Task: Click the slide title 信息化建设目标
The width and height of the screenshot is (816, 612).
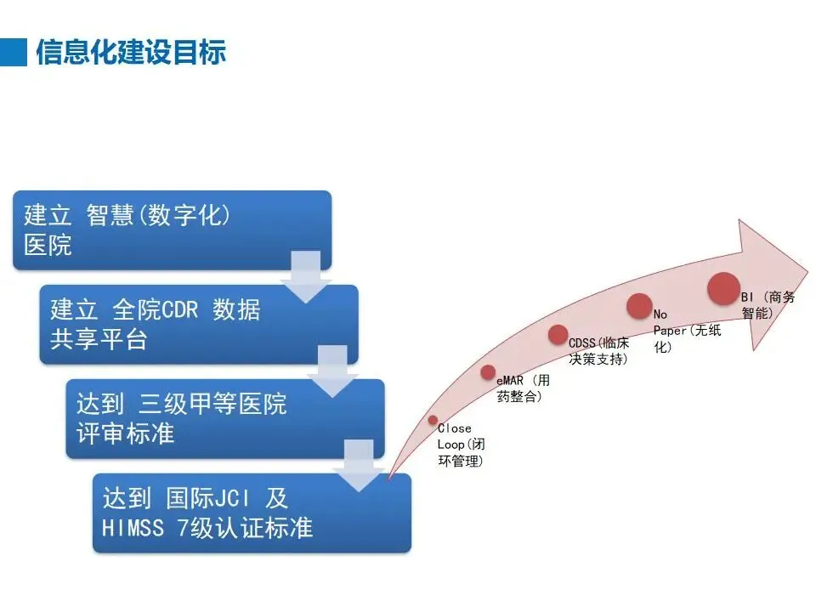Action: [x=131, y=52]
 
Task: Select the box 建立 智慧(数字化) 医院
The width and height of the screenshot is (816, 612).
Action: [x=172, y=229]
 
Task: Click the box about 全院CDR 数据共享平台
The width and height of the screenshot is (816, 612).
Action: [x=198, y=324]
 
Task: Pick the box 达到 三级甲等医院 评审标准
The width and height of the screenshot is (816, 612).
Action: [x=224, y=418]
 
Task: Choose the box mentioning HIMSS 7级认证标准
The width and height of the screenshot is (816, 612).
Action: [x=252, y=513]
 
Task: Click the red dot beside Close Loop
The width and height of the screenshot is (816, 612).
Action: [x=433, y=420]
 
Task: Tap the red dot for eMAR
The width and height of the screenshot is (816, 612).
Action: [x=488, y=371]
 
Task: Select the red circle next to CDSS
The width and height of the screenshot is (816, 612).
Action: [x=558, y=334]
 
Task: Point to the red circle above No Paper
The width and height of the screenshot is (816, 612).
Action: [x=639, y=305]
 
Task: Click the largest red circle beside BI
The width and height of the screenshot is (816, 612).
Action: [x=724, y=288]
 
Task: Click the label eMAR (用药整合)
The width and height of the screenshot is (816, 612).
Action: [x=523, y=389]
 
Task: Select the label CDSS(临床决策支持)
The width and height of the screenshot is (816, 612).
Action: [x=599, y=350]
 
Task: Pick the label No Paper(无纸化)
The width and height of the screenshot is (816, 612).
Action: [x=686, y=330]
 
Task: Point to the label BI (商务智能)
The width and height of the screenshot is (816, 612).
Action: [x=768, y=305]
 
